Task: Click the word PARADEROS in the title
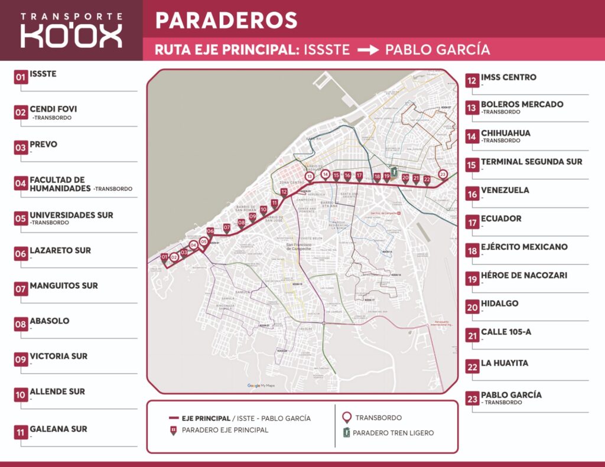pos(226,20)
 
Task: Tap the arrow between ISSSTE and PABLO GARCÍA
pos(367,50)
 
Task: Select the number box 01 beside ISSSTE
pos(21,77)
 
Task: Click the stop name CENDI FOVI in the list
pos(53,109)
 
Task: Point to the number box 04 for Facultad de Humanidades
pos(21,183)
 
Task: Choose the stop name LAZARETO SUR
pos(60,250)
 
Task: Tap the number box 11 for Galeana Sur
pos(21,432)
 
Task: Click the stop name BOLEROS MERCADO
pos(522,104)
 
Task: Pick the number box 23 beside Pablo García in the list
pos(471,398)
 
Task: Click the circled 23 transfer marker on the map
pos(443,174)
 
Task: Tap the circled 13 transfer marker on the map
pos(309,177)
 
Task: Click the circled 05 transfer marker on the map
pos(204,241)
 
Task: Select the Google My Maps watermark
pos(261,386)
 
